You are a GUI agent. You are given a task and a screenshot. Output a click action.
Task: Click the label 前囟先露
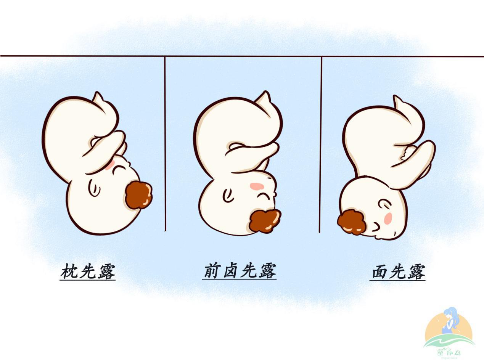[240, 271]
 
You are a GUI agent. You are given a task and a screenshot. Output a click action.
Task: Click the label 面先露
[397, 272]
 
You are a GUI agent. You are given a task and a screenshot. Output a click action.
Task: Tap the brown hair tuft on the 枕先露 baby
[138, 195]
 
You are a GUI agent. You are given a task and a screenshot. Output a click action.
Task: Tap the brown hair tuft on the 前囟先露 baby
[265, 220]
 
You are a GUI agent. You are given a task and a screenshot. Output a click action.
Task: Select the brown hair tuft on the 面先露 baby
[352, 222]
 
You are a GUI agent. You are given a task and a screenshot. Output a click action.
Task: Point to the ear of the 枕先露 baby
[94, 188]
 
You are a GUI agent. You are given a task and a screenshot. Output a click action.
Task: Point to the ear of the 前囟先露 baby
[228, 195]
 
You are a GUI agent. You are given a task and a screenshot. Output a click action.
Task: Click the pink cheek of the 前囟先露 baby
[256, 186]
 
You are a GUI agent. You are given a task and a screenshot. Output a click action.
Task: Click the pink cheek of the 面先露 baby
[388, 218]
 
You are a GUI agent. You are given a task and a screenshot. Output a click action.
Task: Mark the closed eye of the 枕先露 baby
[119, 169]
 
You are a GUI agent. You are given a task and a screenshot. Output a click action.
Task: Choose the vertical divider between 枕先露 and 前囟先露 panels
[165, 145]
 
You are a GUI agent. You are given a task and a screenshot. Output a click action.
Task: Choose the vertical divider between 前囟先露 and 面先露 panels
[320, 145]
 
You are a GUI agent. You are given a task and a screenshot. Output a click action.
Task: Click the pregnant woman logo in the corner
[449, 331]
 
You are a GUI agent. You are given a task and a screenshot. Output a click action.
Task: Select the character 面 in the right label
[379, 272]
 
